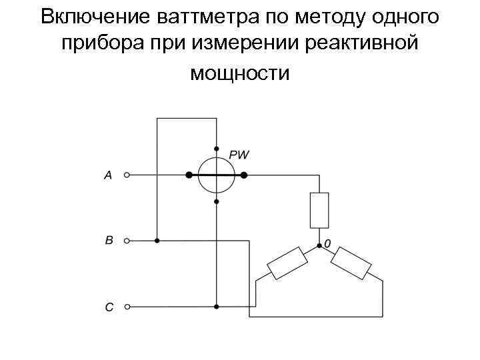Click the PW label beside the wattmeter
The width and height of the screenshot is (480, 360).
(x=239, y=155)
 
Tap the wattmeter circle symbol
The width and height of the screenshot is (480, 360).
(x=217, y=175)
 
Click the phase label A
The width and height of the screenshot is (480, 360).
(x=108, y=175)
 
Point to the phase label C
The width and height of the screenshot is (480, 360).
(x=109, y=307)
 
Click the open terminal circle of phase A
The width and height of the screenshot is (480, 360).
(x=127, y=175)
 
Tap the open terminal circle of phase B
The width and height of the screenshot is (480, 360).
(x=127, y=241)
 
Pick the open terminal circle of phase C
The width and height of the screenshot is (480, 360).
(x=127, y=307)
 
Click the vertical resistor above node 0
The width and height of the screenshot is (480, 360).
(x=319, y=210)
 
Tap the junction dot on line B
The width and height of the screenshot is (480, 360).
(x=157, y=241)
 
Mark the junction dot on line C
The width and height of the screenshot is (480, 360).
(x=217, y=307)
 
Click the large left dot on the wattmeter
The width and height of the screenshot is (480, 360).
(x=189, y=175)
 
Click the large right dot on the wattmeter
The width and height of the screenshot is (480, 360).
(x=244, y=175)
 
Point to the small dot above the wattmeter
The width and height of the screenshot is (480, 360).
(x=217, y=148)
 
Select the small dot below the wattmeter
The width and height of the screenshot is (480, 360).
(x=217, y=201)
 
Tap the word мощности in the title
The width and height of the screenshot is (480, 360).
(x=240, y=72)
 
